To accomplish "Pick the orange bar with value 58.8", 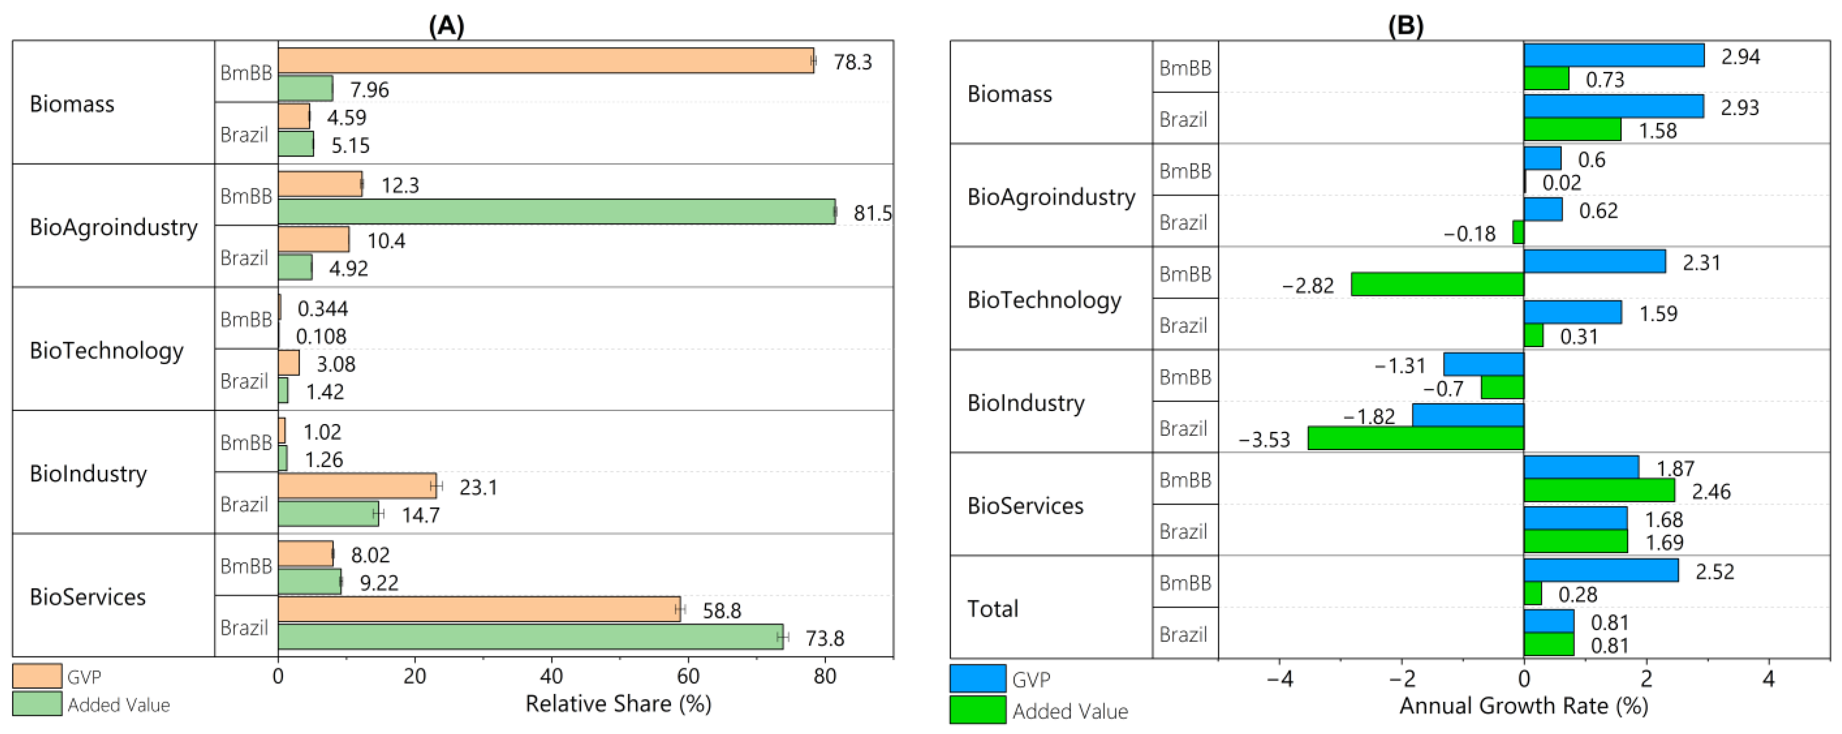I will point(479,609).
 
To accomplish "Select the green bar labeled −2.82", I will point(1437,284).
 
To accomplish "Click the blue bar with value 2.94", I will point(1613,55).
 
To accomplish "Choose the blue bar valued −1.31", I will point(1483,364).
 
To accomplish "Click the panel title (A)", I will point(446,26).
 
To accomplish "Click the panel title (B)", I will point(1405,26).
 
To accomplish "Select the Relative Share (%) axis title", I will point(618,704).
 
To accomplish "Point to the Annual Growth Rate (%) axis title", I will point(1523,706).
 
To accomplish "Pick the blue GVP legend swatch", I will point(977,678).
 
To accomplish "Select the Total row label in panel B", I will point(993,609).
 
